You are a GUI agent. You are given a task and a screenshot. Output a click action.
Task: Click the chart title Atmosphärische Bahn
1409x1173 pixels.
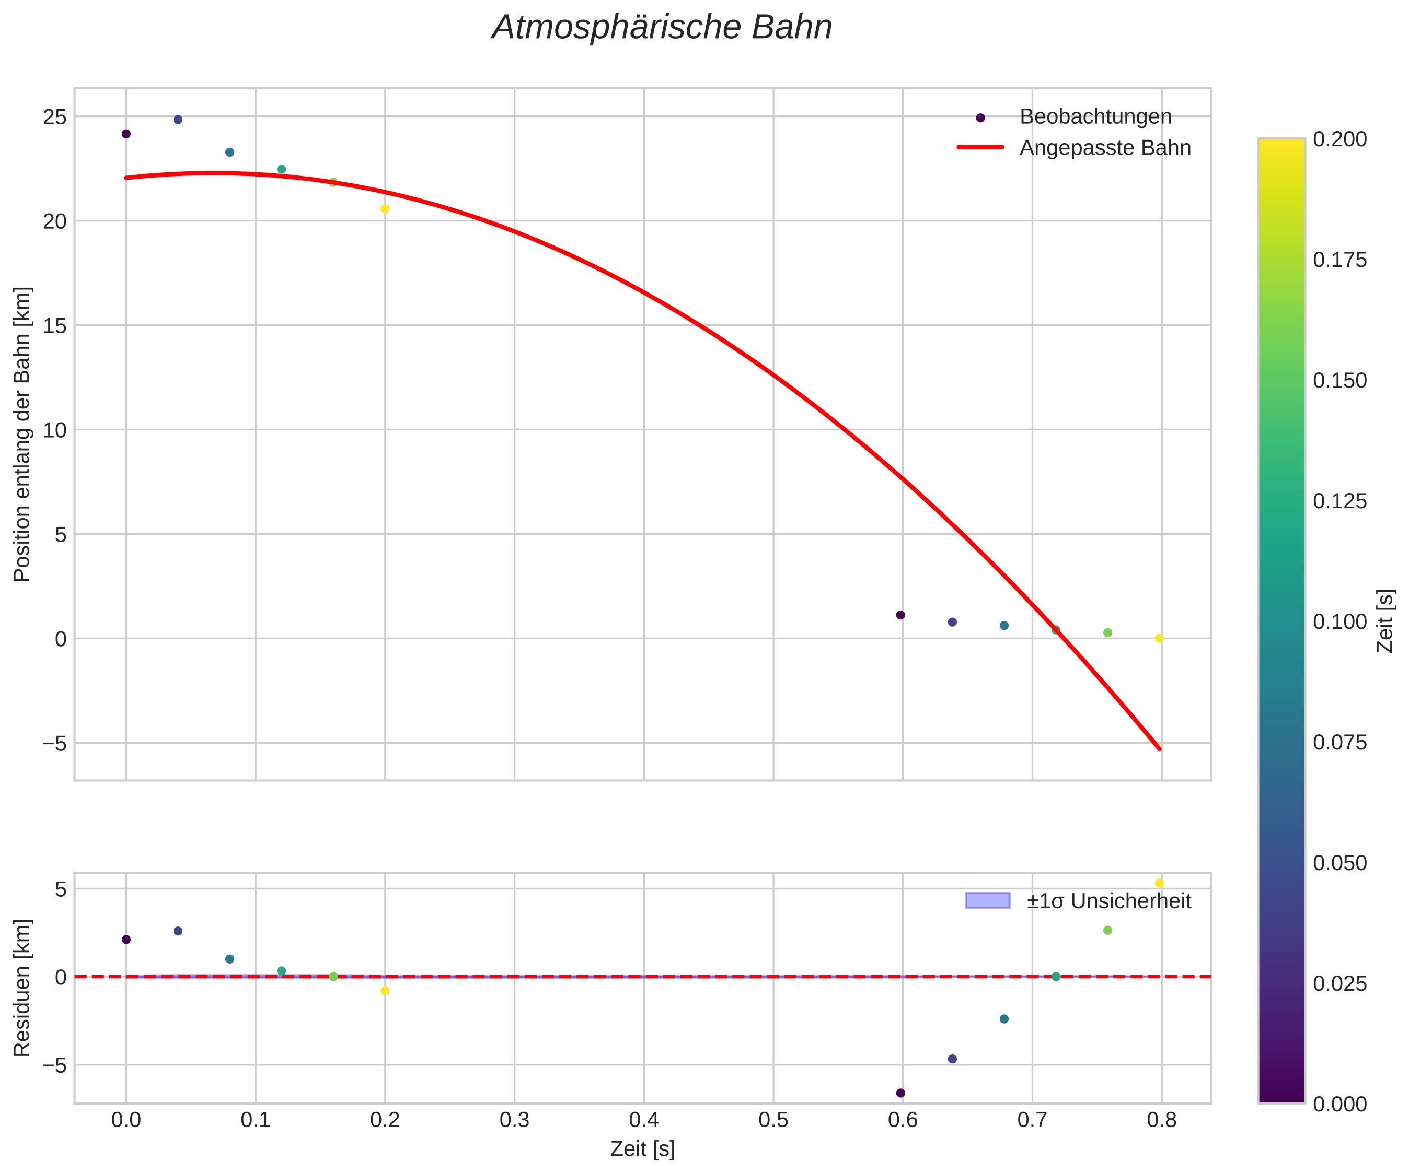click(x=662, y=28)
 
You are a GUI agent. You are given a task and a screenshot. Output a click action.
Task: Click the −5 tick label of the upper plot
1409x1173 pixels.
click(x=55, y=743)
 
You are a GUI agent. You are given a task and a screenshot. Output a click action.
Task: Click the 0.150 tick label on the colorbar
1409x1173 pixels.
click(x=1339, y=380)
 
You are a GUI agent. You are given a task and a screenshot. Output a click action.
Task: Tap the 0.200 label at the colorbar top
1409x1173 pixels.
click(x=1339, y=139)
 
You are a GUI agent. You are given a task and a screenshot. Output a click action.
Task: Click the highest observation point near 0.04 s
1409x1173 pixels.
click(x=178, y=120)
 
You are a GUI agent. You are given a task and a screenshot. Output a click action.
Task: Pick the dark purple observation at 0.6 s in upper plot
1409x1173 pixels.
click(x=900, y=615)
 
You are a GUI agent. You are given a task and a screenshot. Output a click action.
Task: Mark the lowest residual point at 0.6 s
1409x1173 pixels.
click(x=900, y=1093)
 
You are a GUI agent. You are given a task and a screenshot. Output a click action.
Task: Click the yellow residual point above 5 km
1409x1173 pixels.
click(x=1159, y=883)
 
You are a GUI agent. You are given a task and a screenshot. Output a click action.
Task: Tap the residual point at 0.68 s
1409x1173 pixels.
click(x=1004, y=1019)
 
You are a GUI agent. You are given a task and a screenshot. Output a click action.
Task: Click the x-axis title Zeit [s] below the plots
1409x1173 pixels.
click(x=642, y=1149)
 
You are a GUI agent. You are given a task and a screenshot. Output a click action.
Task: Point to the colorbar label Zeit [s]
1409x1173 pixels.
click(x=1385, y=620)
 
